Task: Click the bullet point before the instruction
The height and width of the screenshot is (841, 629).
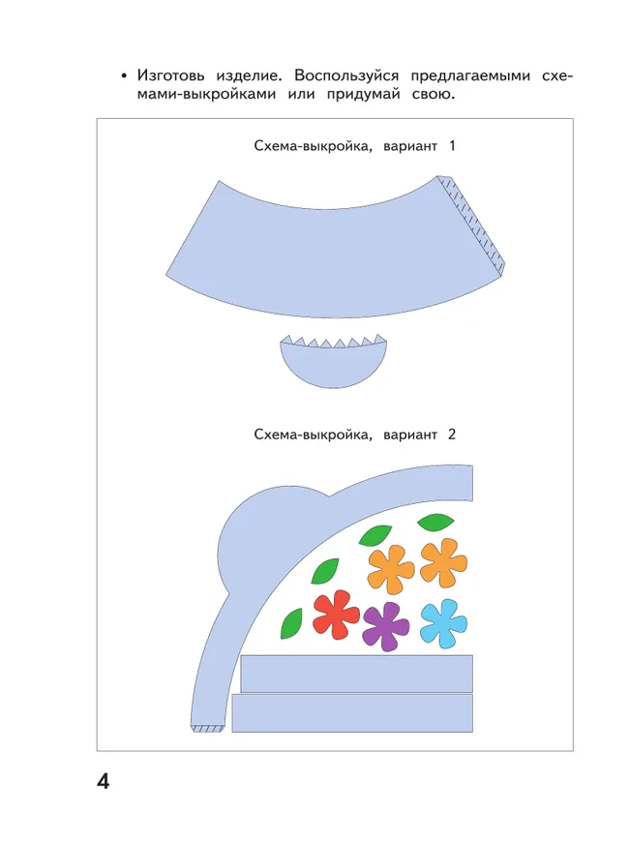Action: pos(124,75)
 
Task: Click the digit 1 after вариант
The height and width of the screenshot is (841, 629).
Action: pos(450,146)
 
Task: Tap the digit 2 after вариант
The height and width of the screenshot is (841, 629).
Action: pos(451,435)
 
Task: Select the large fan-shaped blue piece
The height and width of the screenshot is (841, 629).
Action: pos(319,242)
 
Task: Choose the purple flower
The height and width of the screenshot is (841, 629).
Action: pos(386,624)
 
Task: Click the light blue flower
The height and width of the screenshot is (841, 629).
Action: pos(444,622)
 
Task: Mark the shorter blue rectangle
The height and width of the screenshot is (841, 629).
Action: pos(356,673)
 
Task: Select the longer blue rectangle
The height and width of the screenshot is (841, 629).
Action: pos(352,712)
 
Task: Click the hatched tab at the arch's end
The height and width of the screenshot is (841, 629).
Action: pos(207,728)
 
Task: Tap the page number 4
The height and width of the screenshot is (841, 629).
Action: pos(104,781)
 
